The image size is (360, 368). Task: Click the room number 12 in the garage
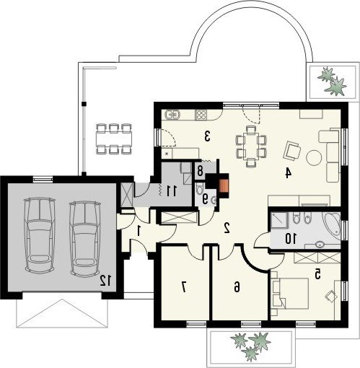tap(105, 281)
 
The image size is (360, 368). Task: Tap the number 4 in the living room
tap(288, 173)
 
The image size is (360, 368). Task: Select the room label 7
tap(184, 286)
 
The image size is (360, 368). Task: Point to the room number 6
tap(237, 287)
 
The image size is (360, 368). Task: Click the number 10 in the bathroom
tap(291, 239)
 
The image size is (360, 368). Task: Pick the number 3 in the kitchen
tap(207, 136)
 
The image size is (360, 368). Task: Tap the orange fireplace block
tap(224, 186)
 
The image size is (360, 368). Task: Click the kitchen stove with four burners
tap(201, 115)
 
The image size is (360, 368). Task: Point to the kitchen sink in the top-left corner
tap(172, 114)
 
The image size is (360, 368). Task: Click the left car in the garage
tap(40, 235)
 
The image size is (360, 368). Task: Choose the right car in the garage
tap(85, 238)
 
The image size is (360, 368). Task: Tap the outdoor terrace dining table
tap(114, 139)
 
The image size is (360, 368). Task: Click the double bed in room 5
tap(291, 294)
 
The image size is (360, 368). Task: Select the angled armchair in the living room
tap(292, 151)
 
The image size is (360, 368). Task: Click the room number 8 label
tap(200, 171)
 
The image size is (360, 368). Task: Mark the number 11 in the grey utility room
tap(172, 191)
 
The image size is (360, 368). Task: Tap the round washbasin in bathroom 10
tap(320, 245)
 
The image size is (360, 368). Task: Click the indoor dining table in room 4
tap(251, 146)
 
